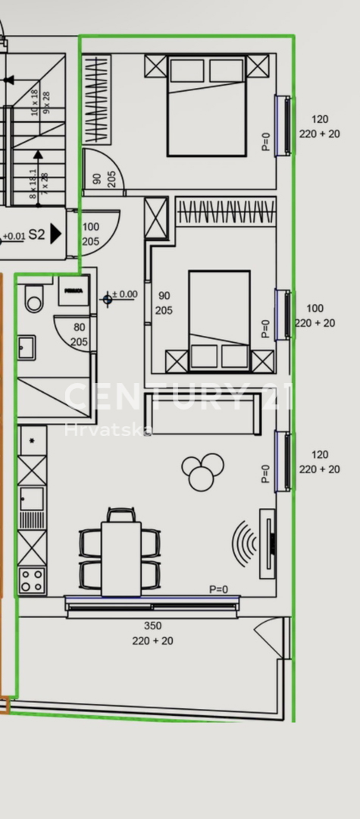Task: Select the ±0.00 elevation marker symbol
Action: (x=108, y=299)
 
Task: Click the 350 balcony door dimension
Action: (x=152, y=626)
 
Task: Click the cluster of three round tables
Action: (x=202, y=471)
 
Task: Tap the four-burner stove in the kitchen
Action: (x=32, y=581)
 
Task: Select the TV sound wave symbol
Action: (x=244, y=543)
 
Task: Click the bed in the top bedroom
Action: (x=206, y=105)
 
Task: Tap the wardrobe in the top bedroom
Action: (x=96, y=99)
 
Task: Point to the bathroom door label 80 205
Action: (x=80, y=335)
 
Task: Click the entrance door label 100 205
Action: (x=90, y=234)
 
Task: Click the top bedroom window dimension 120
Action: (x=320, y=119)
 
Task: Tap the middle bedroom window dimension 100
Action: (x=315, y=309)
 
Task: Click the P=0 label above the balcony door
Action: (x=219, y=589)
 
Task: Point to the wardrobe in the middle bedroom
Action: (x=226, y=211)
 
